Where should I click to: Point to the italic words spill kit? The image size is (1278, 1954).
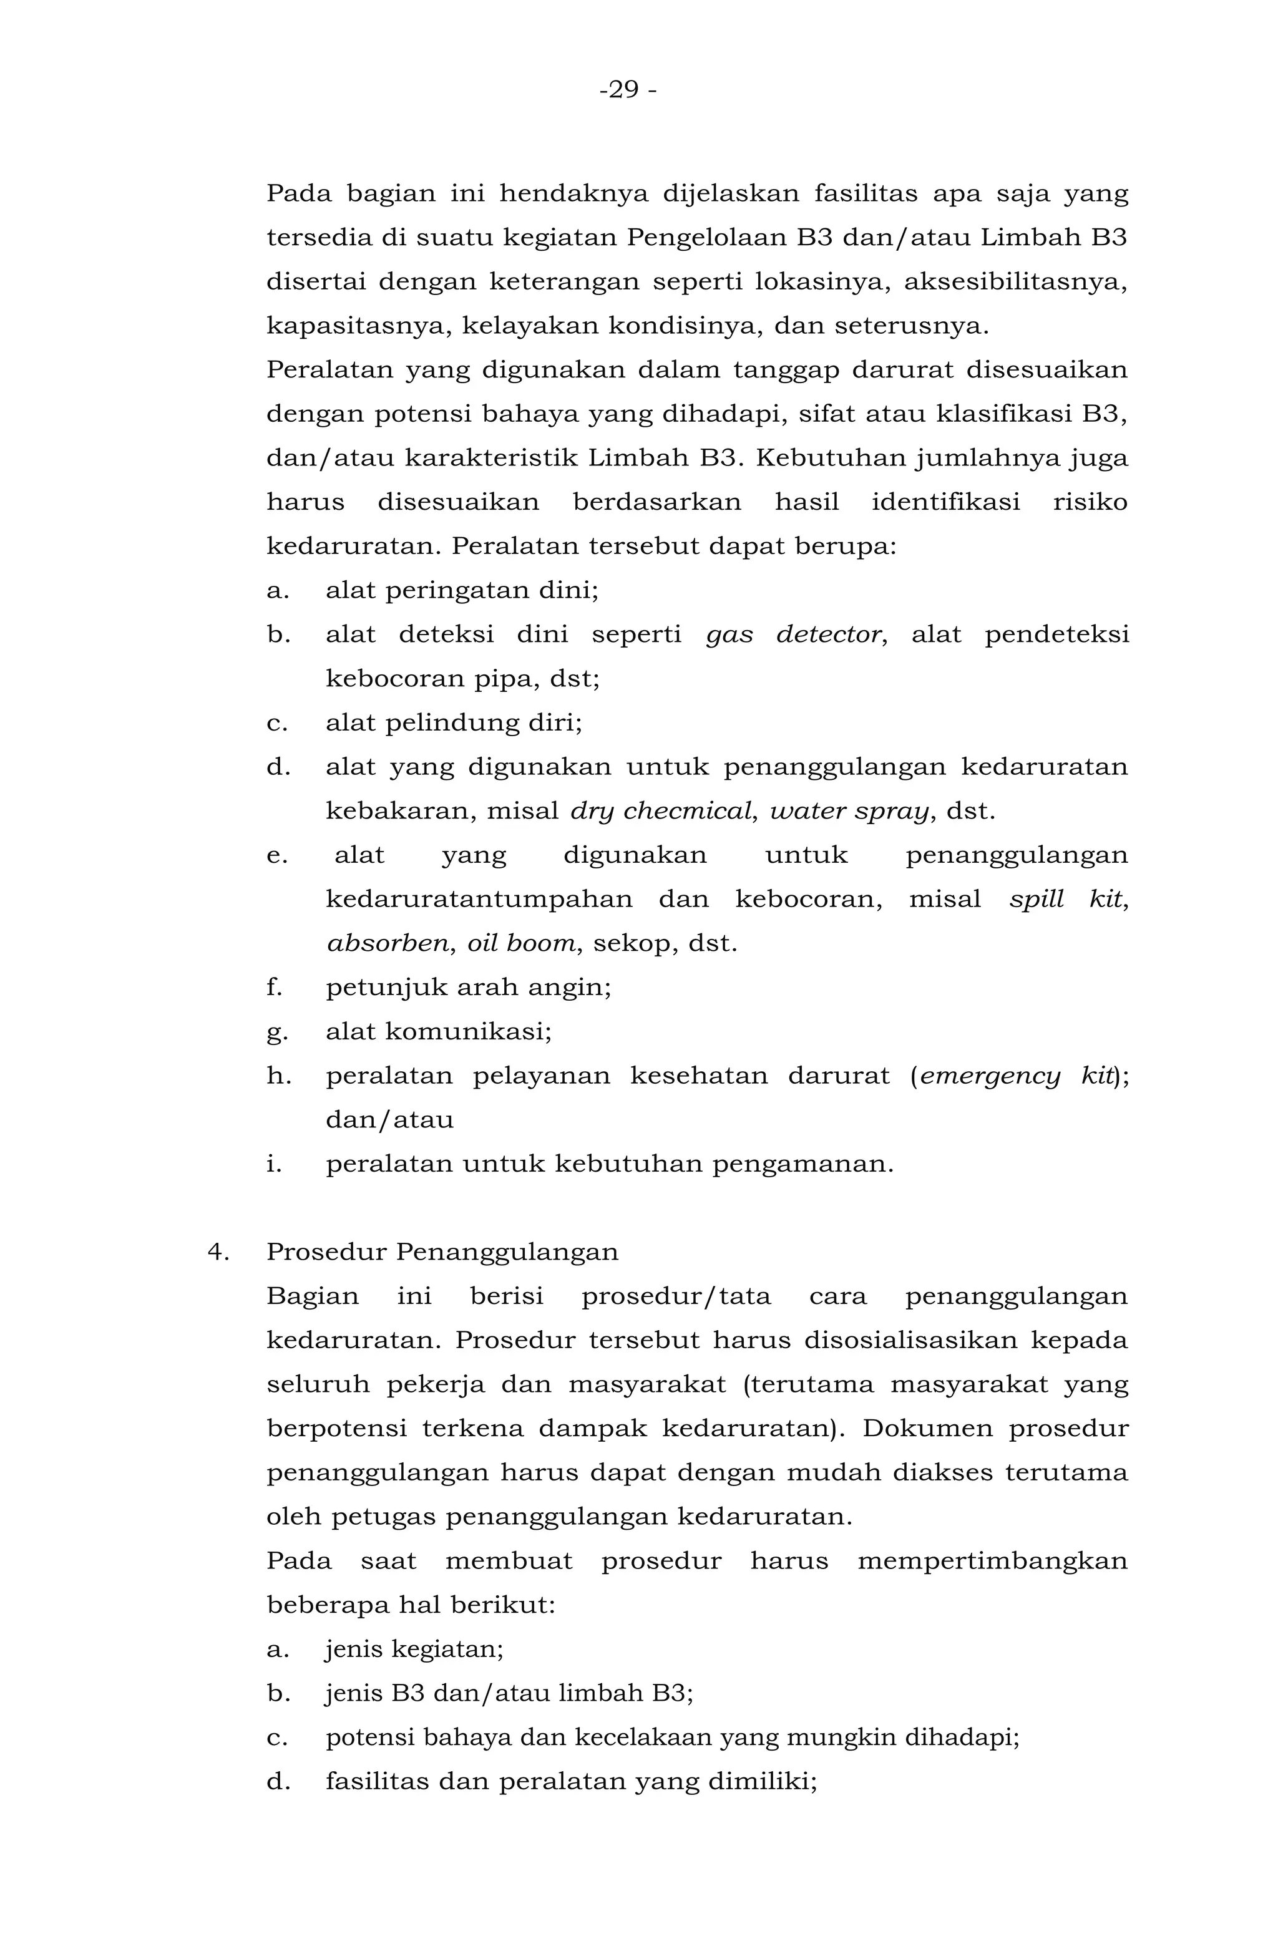(x=1065, y=899)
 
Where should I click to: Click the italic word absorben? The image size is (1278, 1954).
(x=389, y=943)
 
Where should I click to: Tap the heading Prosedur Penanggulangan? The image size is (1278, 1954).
(x=442, y=1252)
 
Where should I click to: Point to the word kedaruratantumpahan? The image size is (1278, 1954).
(x=479, y=899)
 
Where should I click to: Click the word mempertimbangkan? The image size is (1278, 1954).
(x=992, y=1561)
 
